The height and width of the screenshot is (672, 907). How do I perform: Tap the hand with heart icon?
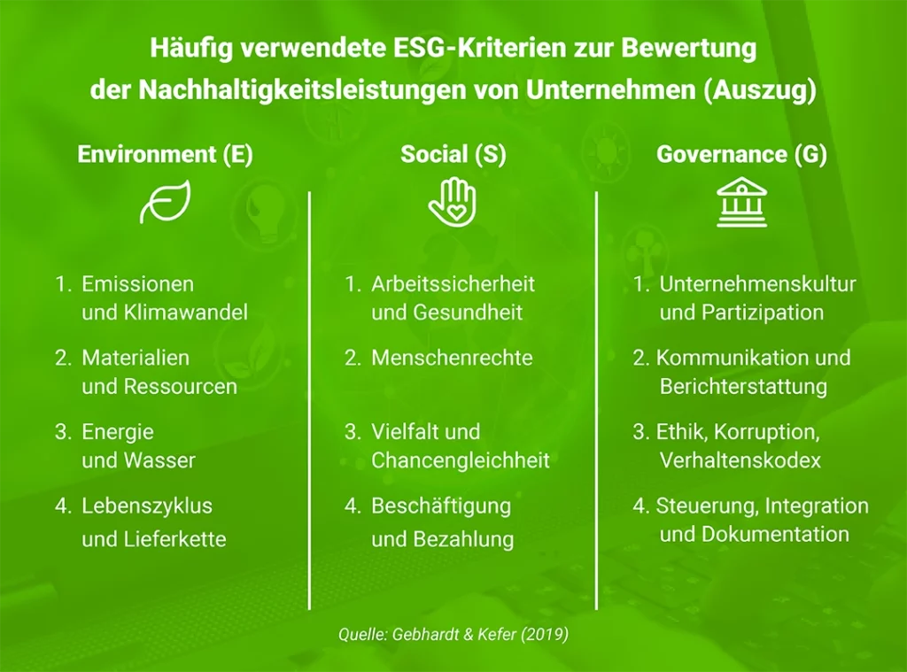453,202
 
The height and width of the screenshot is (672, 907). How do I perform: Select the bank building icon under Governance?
741,203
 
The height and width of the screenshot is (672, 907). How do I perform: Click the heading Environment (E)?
166,155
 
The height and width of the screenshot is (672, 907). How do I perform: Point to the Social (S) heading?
453,155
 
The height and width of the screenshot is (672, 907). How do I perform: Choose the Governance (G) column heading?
741,155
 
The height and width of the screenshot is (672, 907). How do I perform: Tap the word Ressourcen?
180,387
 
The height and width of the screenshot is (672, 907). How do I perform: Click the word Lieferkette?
175,538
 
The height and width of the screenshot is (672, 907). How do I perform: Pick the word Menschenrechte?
452,358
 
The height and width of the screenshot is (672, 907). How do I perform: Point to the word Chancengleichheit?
461,460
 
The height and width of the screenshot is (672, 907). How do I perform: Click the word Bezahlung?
462,538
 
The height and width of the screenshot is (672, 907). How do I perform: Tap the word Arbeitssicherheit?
453,284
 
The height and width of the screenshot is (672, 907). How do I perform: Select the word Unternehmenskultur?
757,284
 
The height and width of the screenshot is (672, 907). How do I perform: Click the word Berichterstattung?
743,387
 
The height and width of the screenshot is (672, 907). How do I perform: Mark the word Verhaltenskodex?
740,460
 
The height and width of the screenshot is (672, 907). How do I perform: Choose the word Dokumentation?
775,534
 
